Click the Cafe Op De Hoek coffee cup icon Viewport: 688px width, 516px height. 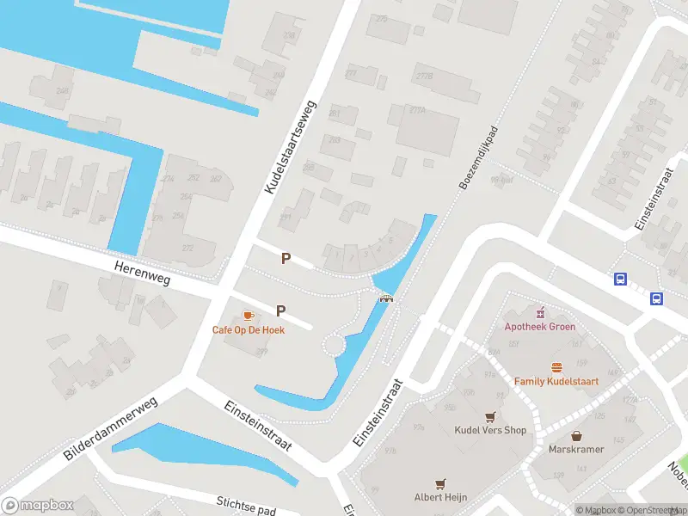coord(249,316)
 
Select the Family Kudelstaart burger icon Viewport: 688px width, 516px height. coord(556,367)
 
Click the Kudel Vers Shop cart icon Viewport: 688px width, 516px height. coord(490,416)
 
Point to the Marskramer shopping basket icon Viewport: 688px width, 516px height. coord(575,436)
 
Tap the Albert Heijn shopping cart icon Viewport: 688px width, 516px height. coord(442,484)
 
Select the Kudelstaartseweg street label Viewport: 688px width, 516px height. coord(291,146)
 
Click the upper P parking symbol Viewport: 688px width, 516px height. coord(286,258)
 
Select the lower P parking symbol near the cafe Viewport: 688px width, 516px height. coord(281,310)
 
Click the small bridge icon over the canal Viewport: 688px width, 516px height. coord(387,298)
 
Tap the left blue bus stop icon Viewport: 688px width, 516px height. coord(619,279)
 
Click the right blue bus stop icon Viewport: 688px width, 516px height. coord(656,299)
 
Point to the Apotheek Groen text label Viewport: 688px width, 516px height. coord(540,327)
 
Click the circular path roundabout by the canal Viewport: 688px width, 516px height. coord(334,346)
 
